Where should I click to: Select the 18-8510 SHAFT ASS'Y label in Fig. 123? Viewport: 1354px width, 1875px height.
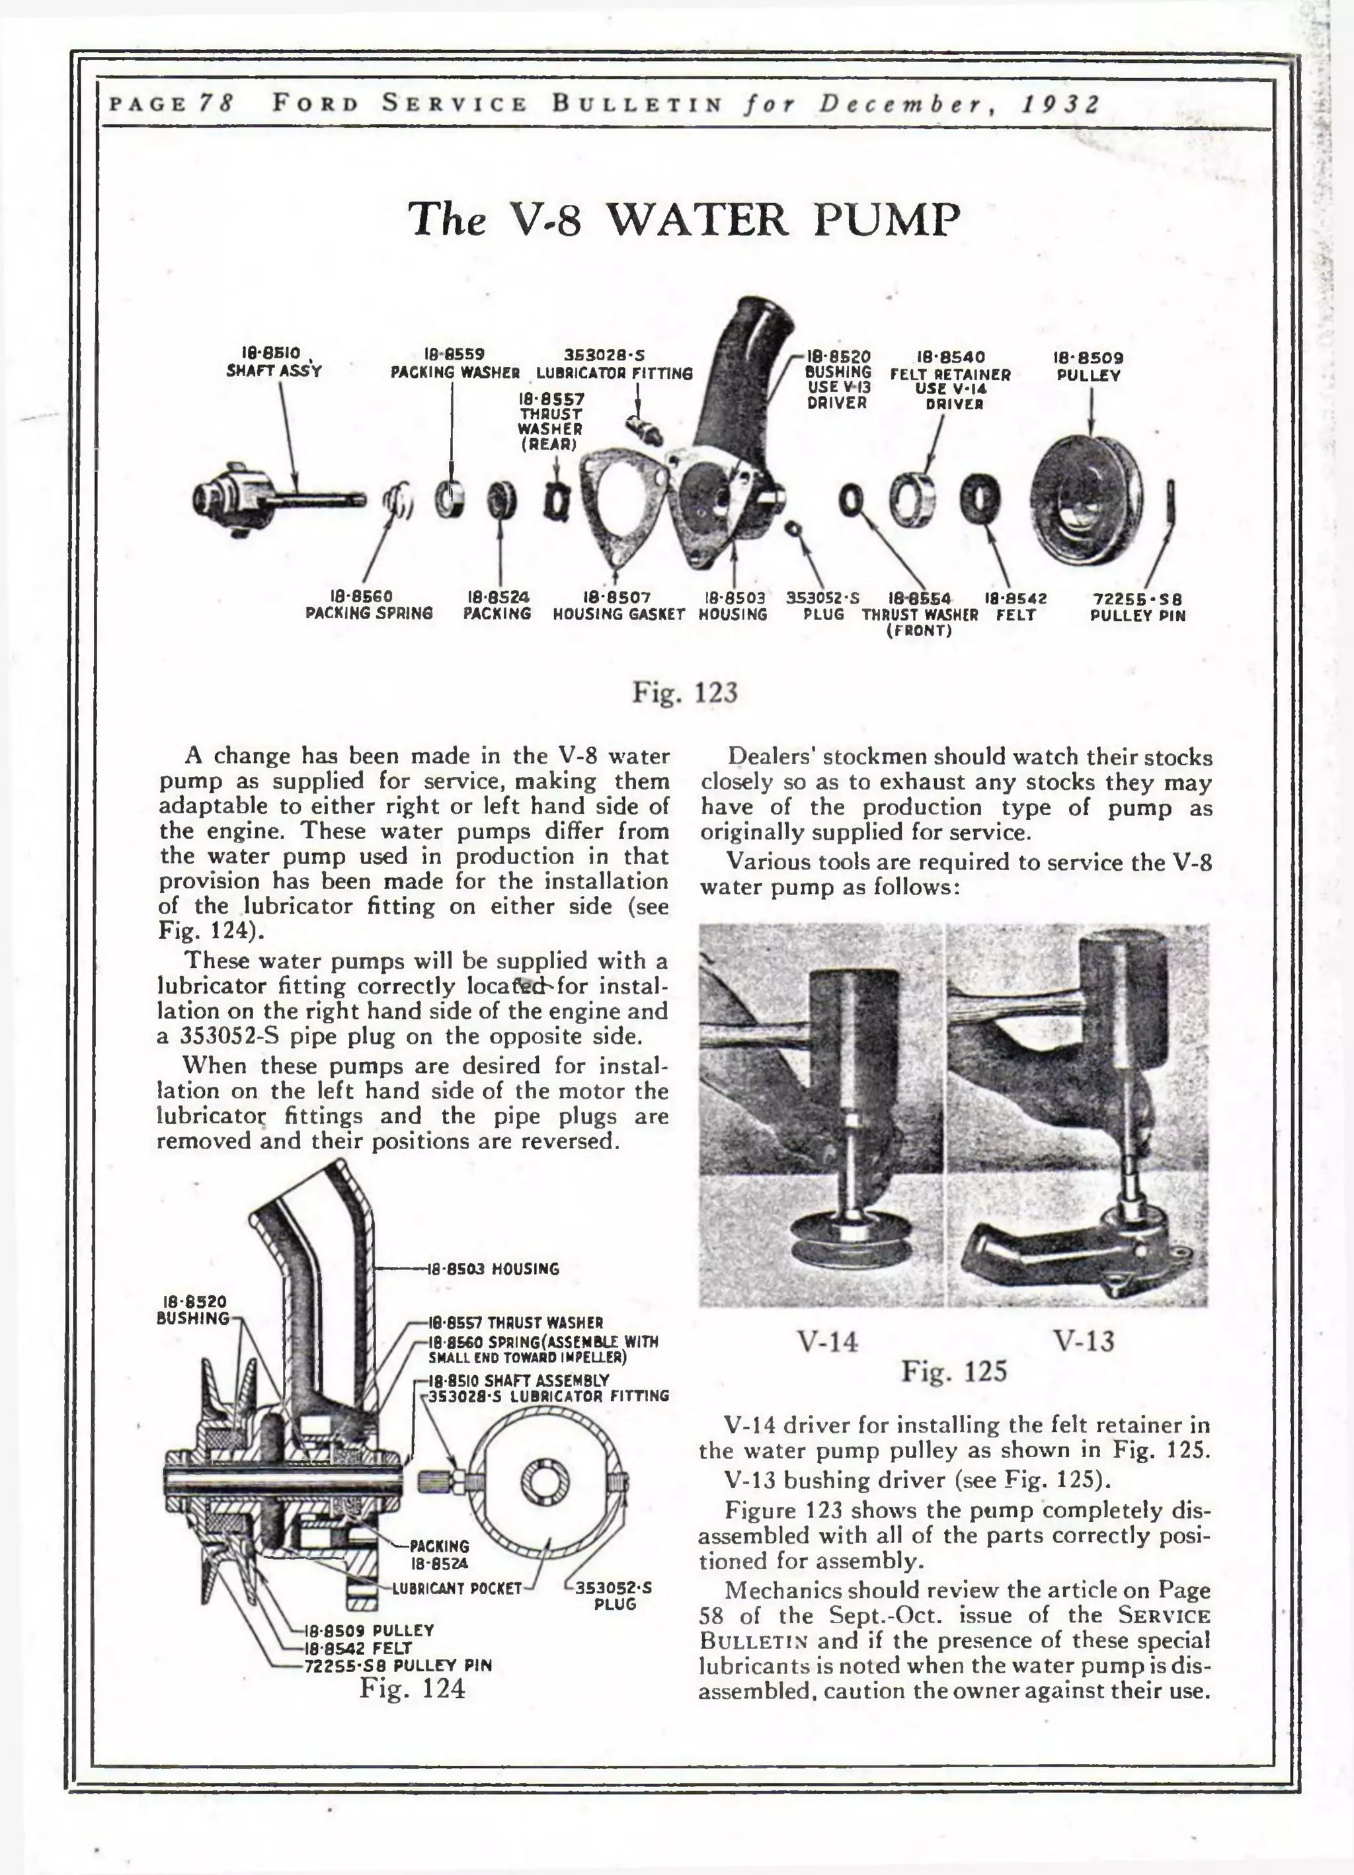pos(274,364)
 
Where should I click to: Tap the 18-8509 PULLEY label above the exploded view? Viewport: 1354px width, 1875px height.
pos(1088,366)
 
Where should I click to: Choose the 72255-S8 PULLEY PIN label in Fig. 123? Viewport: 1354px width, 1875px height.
pos(1137,607)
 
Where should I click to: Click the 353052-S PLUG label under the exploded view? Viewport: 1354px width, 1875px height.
pos(822,606)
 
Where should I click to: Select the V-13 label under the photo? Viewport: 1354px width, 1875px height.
pos(1084,1340)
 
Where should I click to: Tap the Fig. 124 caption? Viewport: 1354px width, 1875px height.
pos(412,1687)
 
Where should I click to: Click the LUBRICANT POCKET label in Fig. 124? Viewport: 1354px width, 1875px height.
pos(457,1588)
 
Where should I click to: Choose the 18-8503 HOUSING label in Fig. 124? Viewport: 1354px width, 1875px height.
pos(493,1269)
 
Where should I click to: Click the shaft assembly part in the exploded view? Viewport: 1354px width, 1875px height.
pos(264,499)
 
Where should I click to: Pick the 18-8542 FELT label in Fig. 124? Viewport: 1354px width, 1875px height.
pos(358,1648)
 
